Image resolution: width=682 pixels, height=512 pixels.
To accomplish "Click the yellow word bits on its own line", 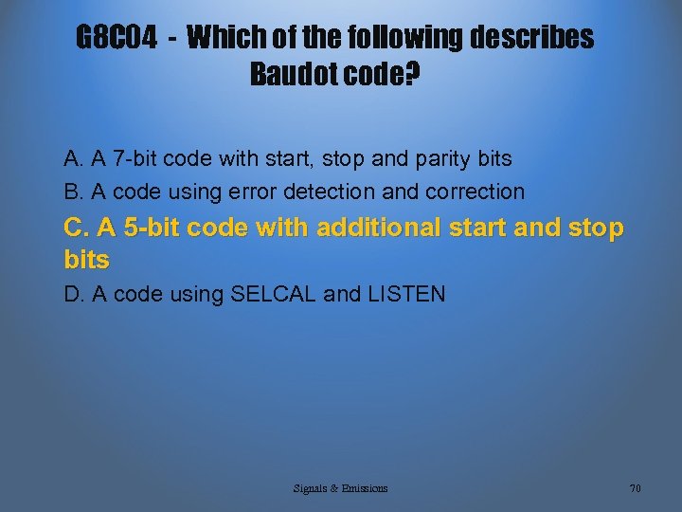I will tap(86, 259).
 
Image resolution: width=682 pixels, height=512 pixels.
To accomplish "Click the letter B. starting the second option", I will tap(73, 192).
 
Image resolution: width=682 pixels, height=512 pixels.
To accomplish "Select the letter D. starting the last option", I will tap(74, 294).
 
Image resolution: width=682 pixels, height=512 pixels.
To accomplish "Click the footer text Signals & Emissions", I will tap(340, 488).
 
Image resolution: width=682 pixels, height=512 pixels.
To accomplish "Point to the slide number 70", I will tap(635, 488).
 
